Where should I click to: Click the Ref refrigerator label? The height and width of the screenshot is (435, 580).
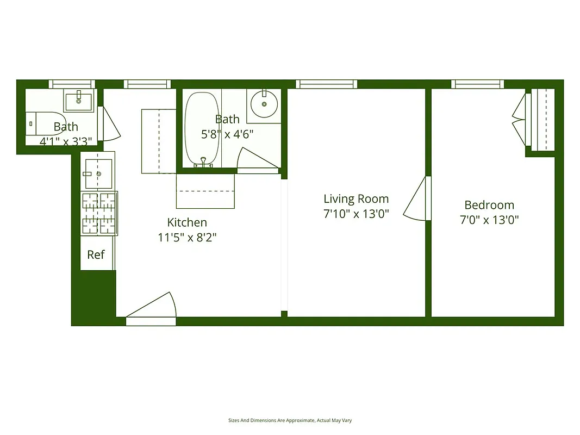click(96, 254)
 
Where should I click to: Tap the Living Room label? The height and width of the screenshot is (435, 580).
click(356, 199)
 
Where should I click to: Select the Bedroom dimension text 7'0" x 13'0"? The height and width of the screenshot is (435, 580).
click(489, 220)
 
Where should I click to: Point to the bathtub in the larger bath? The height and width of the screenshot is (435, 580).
click(202, 129)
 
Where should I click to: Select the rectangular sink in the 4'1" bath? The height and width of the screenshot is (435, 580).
click(78, 100)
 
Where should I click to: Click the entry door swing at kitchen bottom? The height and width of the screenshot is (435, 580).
click(152, 307)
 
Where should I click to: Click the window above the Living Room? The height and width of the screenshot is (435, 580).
click(327, 84)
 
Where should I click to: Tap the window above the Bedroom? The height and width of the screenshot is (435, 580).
click(478, 84)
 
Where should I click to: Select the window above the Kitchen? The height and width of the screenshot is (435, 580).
click(147, 84)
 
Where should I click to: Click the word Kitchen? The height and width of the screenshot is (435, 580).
click(187, 222)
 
